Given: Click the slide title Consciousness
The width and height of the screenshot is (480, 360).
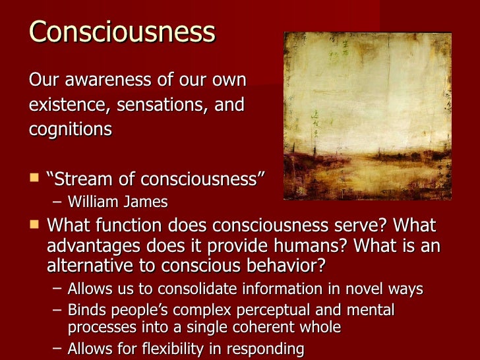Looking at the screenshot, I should pyautogui.click(x=122, y=32).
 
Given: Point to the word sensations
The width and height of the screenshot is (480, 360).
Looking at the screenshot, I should pyautogui.click(x=160, y=105).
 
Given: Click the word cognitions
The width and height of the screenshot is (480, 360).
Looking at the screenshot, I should pyautogui.click(x=70, y=129).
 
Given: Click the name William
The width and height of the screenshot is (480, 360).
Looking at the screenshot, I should pyautogui.click(x=93, y=201).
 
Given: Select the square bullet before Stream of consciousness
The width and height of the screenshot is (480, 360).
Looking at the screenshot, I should pyautogui.click(x=34, y=178).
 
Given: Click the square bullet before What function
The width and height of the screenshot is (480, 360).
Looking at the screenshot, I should pyautogui.click(x=34, y=225).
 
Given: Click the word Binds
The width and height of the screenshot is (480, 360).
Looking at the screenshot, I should pyautogui.click(x=86, y=309).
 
